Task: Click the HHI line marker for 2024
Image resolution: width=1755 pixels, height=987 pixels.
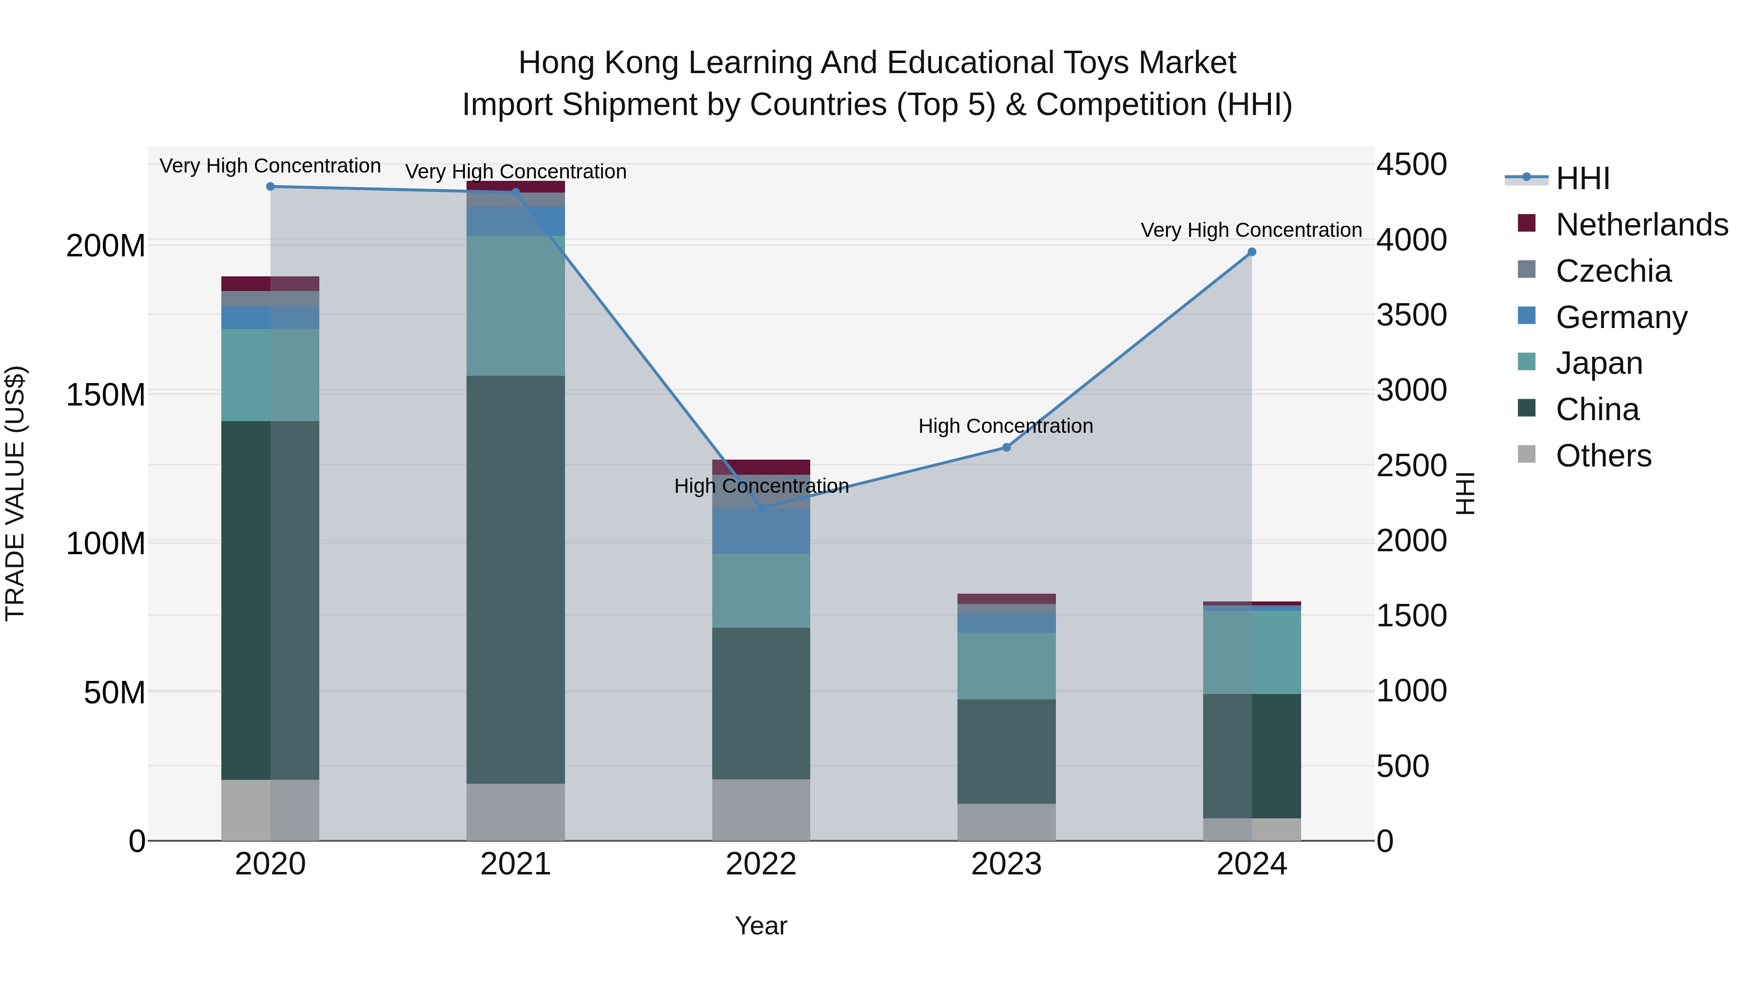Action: pyautogui.click(x=1251, y=252)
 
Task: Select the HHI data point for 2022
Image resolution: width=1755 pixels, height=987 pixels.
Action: pyautogui.click(x=761, y=508)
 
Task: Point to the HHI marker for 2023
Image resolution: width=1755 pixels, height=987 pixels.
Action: pyautogui.click(x=1006, y=447)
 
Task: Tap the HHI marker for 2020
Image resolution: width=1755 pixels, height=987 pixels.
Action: pyautogui.click(x=271, y=187)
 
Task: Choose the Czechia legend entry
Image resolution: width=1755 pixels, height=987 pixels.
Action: pyautogui.click(x=1613, y=271)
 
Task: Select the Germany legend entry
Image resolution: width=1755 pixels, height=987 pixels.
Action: pyautogui.click(x=1621, y=317)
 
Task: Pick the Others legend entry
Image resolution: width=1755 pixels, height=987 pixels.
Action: pyautogui.click(x=1603, y=456)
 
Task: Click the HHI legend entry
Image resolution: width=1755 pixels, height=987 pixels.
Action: pyautogui.click(x=1582, y=178)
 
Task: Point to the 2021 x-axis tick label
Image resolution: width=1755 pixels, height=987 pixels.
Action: pyautogui.click(x=516, y=864)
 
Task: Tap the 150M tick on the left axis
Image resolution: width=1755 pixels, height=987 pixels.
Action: pyautogui.click(x=106, y=394)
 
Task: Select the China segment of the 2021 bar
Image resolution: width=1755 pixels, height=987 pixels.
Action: pyautogui.click(x=516, y=579)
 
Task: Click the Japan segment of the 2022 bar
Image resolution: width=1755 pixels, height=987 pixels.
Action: pyautogui.click(x=761, y=591)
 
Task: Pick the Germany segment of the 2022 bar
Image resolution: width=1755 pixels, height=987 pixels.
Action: pyautogui.click(x=761, y=531)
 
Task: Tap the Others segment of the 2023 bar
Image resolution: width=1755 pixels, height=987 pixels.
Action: pyautogui.click(x=1006, y=822)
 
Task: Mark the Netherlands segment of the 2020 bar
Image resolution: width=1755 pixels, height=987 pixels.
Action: pyautogui.click(x=271, y=283)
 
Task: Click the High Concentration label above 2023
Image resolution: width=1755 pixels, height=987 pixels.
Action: pyautogui.click(x=1006, y=426)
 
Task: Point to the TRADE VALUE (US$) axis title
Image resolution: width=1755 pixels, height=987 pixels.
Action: pyautogui.click(x=15, y=493)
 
